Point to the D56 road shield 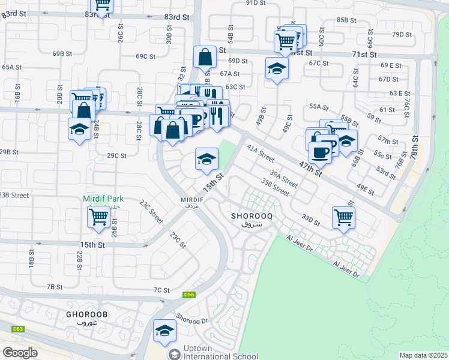pos(189,294)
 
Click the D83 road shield pos(18,329)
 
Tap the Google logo pos(20,353)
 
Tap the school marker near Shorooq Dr pos(164,331)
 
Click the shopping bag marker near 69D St pos(205,58)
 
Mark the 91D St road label pos(256,3)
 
